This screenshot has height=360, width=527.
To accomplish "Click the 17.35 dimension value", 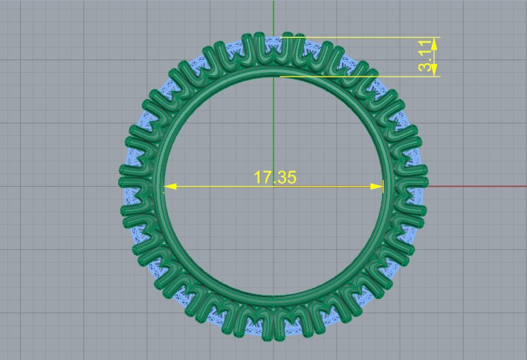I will [274, 177].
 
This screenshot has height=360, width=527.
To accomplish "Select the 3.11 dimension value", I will [424, 57].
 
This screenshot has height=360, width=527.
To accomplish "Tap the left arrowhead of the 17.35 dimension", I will [168, 186].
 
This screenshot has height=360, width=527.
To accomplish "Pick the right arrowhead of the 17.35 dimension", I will [379, 186].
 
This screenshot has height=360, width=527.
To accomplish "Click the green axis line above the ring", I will [274, 15].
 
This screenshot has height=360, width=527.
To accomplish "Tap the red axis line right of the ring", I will [476, 186].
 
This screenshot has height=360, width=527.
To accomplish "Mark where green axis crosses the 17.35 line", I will [274, 186].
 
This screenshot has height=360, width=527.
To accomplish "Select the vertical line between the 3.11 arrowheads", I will [435, 57].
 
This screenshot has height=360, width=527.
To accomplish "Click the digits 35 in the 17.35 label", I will [287, 177].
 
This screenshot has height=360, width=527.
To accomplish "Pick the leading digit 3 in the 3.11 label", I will [424, 67].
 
